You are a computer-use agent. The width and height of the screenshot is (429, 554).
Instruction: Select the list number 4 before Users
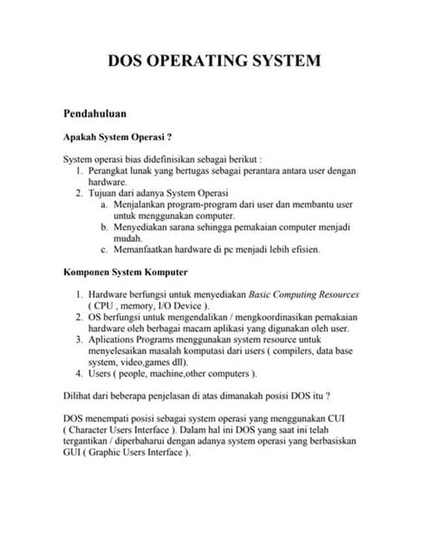(81, 373)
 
